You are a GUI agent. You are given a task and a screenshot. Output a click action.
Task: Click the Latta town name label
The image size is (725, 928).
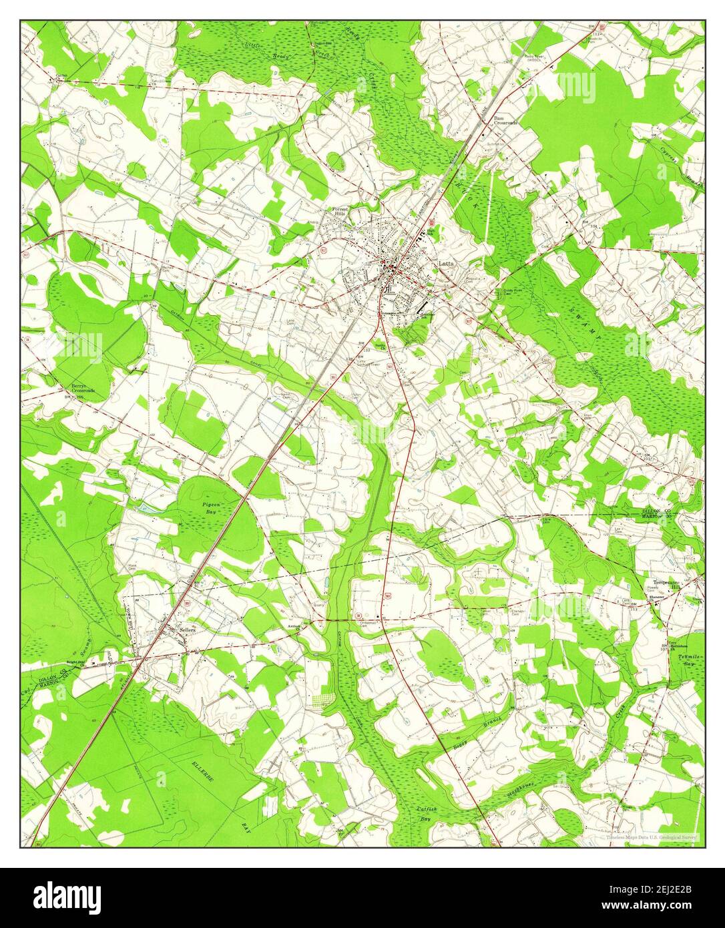pyautogui.click(x=446, y=264)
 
